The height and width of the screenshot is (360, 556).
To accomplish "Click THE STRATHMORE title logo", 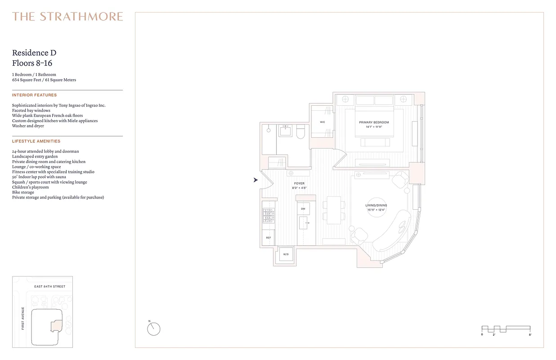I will pyautogui.click(x=67, y=17).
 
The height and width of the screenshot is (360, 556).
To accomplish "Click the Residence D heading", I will pyautogui.click(x=34, y=53).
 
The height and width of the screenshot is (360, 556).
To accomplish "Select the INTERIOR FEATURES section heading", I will pyautogui.click(x=34, y=95).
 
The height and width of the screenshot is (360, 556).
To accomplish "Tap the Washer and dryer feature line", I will pyautogui.click(x=28, y=126).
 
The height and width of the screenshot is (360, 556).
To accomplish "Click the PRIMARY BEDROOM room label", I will pyautogui.click(x=374, y=122).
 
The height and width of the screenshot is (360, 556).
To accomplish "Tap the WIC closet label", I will pyautogui.click(x=323, y=122).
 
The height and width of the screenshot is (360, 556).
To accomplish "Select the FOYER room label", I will pyautogui.click(x=299, y=184).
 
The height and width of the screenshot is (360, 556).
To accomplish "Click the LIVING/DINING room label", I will pyautogui.click(x=376, y=206).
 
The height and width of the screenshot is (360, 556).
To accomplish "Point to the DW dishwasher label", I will pyautogui.click(x=303, y=209).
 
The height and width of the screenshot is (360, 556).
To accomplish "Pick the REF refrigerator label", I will pyautogui.click(x=268, y=238).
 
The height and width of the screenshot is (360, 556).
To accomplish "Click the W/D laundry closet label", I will pyautogui.click(x=286, y=255).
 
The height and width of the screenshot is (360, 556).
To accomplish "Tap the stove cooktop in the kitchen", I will pyautogui.click(x=269, y=216).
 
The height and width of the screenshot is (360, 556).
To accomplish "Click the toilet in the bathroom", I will pyautogui.click(x=301, y=131).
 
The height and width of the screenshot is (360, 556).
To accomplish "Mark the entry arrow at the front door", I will pyautogui.click(x=256, y=180).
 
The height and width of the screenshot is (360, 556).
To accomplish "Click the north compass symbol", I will pyautogui.click(x=153, y=329).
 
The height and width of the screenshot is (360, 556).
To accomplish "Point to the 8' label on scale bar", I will pyautogui.click(x=530, y=335).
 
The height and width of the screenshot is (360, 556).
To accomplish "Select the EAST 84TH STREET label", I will pyautogui.click(x=50, y=287).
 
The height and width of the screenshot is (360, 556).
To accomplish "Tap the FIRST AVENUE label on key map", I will pyautogui.click(x=23, y=318).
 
